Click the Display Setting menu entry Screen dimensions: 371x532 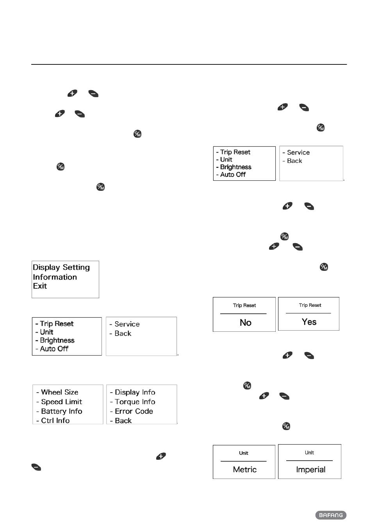tap(61, 267)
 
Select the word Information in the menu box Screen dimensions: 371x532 tap(55, 277)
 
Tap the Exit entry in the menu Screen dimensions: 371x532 tap(40, 286)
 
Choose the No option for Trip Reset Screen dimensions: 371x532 tap(246, 322)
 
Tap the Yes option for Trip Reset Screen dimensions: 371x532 tap(309, 322)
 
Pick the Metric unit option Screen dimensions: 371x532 tap(244, 470)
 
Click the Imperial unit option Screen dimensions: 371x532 tap(310, 470)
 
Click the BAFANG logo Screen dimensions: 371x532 tap(331, 515)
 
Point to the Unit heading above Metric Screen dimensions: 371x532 tap(244, 453)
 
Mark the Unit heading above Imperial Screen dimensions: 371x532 tap(309, 453)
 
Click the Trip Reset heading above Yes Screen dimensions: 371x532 tap(310, 305)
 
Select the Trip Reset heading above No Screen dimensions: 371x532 tap(244, 306)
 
